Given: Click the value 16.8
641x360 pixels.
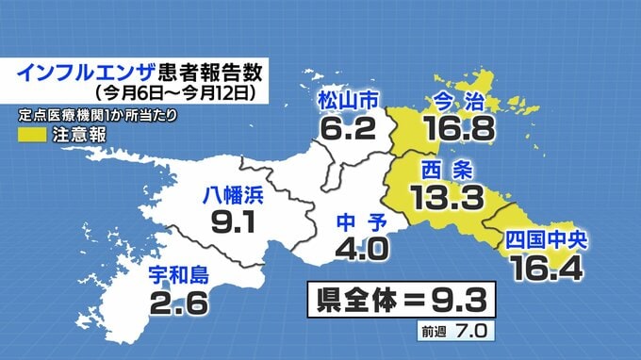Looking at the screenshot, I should point(460,127).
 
